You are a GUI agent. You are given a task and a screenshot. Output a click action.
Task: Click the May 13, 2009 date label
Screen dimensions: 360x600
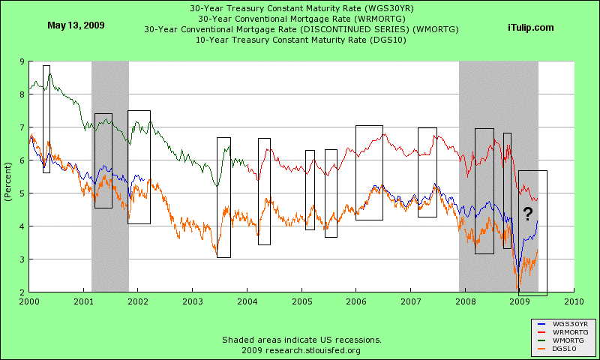[x=76, y=25]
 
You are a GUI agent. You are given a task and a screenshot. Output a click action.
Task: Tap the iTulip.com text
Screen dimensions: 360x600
[x=530, y=27]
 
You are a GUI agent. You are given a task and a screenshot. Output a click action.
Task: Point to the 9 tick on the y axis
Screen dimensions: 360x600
[x=20, y=61]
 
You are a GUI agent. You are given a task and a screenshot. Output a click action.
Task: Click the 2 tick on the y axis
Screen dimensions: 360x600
[x=20, y=292]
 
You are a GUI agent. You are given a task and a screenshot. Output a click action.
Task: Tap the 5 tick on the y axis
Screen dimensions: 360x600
[x=20, y=193]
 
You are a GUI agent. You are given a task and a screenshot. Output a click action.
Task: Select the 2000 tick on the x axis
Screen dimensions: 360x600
[x=29, y=301]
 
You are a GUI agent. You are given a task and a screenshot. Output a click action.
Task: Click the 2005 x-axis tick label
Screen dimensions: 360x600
[x=301, y=301]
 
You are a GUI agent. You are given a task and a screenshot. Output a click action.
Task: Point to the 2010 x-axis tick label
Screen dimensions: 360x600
[x=574, y=301]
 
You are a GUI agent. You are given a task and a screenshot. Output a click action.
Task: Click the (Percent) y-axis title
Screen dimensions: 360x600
[x=7, y=177]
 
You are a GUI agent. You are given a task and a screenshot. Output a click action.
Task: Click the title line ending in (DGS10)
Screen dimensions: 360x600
[x=301, y=39]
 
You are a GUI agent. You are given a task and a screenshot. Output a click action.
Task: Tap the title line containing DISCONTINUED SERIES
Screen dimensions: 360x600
[x=301, y=28]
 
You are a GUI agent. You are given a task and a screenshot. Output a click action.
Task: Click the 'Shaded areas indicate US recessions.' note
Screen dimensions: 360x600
[x=301, y=340]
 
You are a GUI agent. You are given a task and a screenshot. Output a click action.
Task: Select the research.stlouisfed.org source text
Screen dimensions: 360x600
[x=301, y=350]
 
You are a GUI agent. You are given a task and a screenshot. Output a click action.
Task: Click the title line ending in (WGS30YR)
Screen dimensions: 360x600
[x=301, y=7]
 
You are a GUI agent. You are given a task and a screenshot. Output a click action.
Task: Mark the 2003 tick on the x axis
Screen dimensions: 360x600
[x=193, y=301]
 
